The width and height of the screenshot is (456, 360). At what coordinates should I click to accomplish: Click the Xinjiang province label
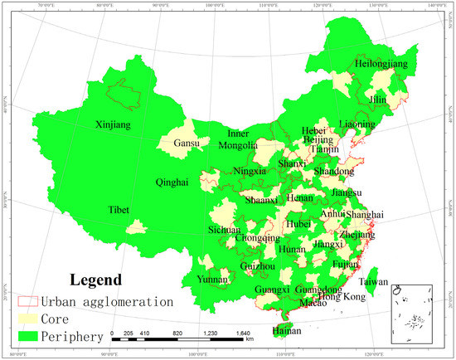(114, 125)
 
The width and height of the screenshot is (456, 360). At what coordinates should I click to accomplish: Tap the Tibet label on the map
(118, 211)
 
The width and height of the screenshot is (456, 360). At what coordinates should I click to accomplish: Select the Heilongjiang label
(359, 63)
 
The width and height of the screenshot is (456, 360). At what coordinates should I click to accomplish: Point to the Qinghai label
(172, 182)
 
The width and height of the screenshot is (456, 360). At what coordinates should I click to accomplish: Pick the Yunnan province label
(212, 280)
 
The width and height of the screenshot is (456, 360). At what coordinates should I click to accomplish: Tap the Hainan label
(287, 330)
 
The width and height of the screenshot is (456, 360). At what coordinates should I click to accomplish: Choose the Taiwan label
(375, 282)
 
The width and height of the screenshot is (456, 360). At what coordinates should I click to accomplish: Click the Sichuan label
(224, 230)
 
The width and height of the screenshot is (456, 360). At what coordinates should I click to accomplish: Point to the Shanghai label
(366, 215)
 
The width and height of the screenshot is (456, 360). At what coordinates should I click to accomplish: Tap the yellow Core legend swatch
(32, 319)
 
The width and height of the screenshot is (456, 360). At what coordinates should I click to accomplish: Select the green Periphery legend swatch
(32, 336)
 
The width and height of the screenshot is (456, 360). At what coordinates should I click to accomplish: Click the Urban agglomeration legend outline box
(32, 301)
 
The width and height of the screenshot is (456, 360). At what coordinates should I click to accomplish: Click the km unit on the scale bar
(250, 340)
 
